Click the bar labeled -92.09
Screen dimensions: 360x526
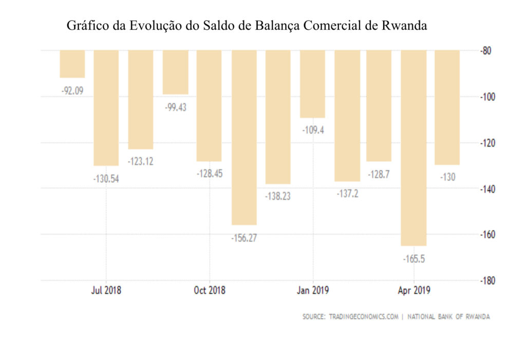pos(72,64)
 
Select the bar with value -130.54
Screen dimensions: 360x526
pos(106,108)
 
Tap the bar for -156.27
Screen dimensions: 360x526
pos(244,137)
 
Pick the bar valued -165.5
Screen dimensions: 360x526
pos(414,148)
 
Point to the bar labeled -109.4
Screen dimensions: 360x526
pos(312,84)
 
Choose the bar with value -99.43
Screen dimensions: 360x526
pos(176,72)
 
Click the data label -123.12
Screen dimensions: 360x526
pos(141,161)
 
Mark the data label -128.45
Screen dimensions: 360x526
pos(210,174)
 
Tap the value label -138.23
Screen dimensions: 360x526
pos(278,196)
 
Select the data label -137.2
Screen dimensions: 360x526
pos(347,194)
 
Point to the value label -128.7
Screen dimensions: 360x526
pos(379,174)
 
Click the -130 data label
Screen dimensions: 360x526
pos(447,177)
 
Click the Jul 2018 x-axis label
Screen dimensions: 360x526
pos(106,291)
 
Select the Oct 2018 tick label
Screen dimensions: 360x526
pos(210,291)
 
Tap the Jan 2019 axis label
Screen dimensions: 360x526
pos(312,291)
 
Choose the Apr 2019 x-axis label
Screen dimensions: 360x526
pos(414,291)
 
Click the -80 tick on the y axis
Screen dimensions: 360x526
pos(485,51)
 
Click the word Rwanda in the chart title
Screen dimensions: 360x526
pos(404,26)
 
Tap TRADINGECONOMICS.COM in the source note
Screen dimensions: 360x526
pos(364,317)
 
